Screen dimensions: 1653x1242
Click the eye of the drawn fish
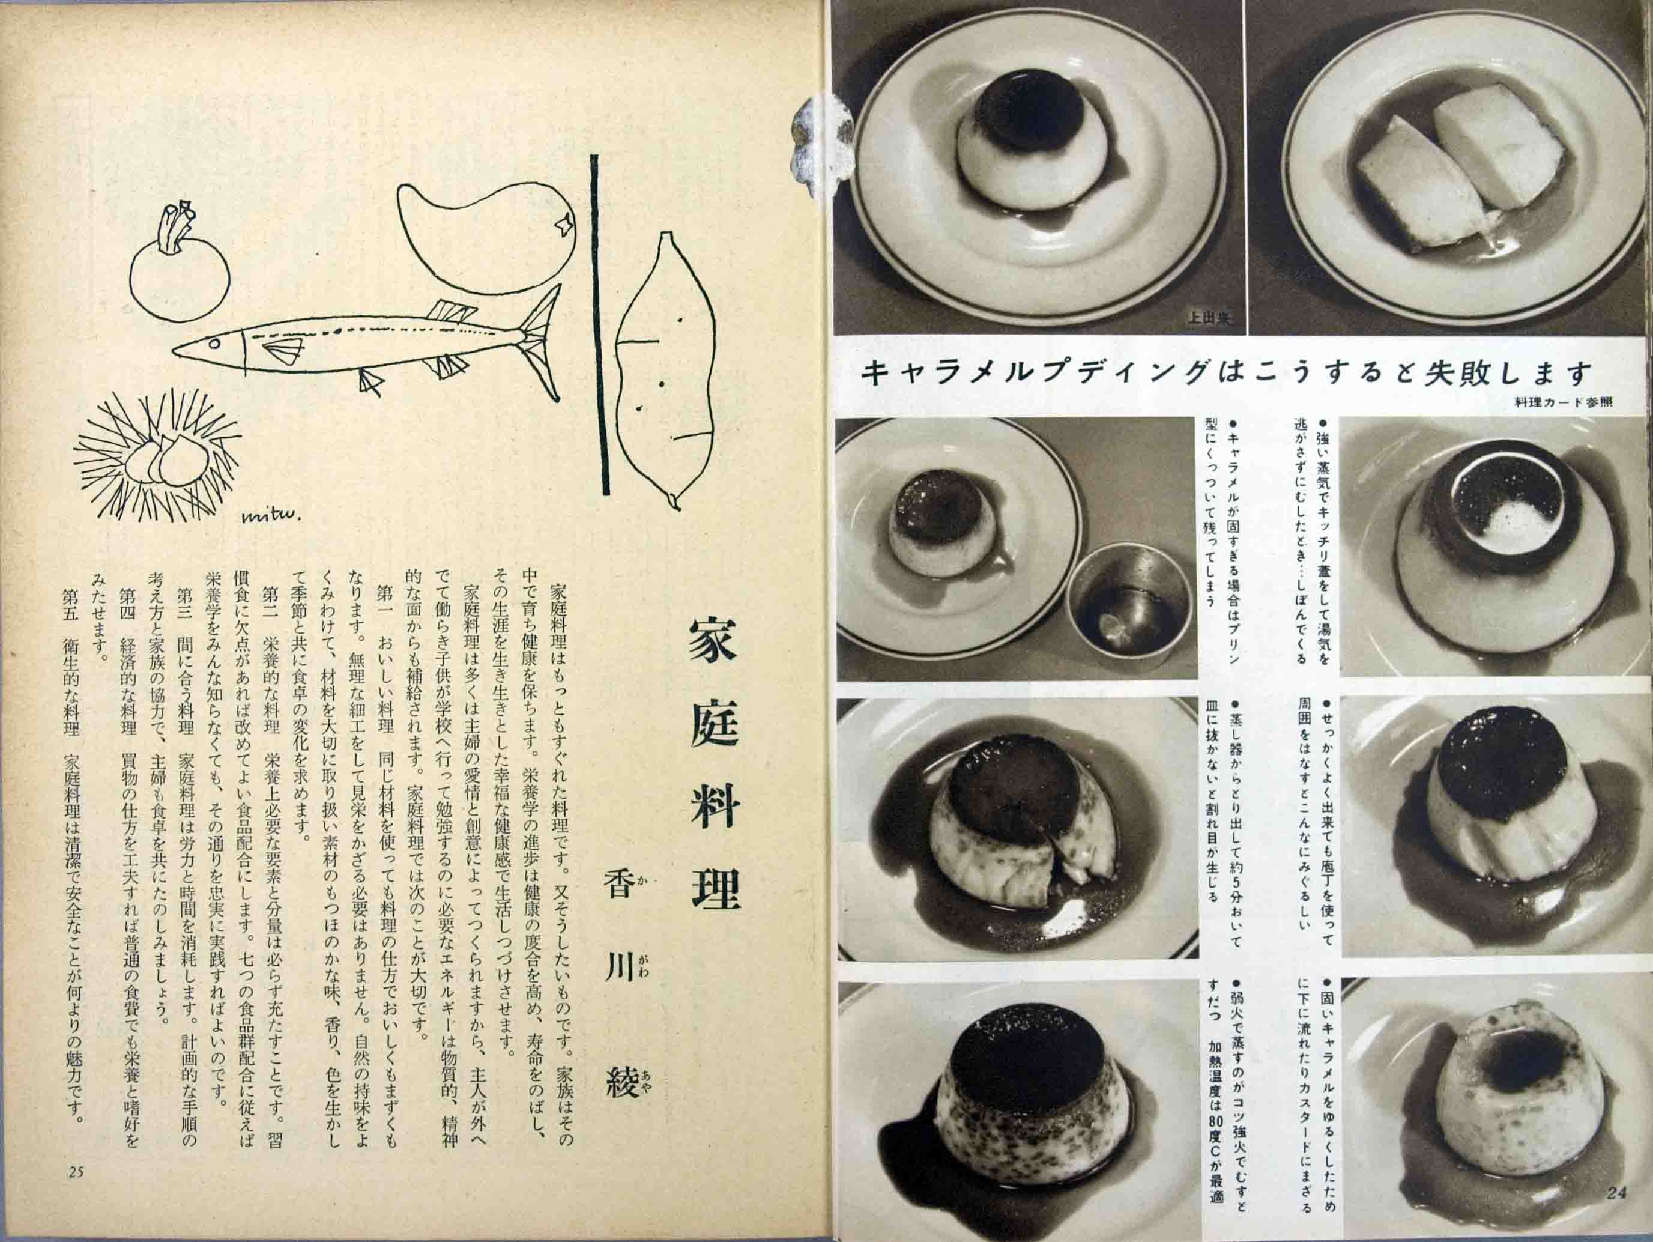pyautogui.click(x=214, y=342)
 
